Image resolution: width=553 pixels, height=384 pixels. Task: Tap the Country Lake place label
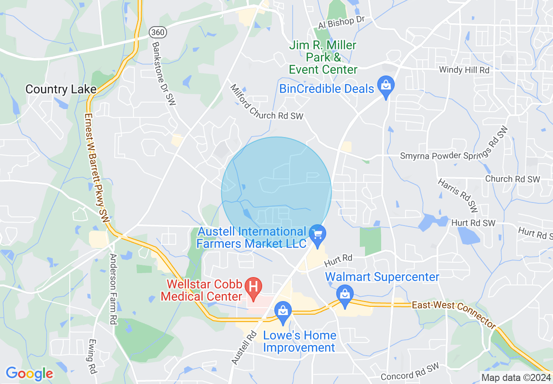click(x=61, y=89)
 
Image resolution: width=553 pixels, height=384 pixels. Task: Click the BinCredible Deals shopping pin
click(x=386, y=86)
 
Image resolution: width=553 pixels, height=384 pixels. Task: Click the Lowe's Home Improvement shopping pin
click(x=283, y=312)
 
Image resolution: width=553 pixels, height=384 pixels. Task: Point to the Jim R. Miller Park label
click(x=323, y=57)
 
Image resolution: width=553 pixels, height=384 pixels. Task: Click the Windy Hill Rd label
click(x=464, y=70)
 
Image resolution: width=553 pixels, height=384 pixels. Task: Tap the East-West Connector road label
click(x=454, y=313)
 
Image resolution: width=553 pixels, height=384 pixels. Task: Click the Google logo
click(x=29, y=373)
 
